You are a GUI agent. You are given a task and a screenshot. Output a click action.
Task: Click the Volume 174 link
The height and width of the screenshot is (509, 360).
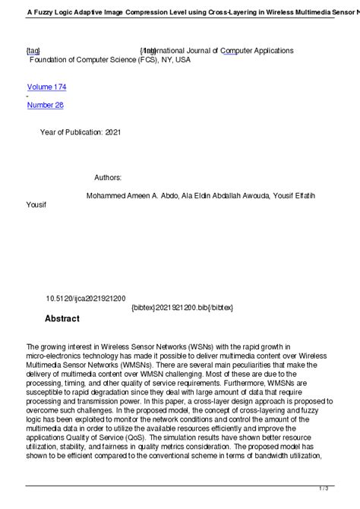(52, 87)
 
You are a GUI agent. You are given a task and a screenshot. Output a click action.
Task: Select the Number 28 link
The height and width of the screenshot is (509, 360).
(45, 105)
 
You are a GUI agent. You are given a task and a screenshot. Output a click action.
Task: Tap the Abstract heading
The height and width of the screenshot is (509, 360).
(62, 318)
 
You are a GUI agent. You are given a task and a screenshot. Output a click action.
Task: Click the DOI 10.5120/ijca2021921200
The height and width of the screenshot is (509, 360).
(86, 299)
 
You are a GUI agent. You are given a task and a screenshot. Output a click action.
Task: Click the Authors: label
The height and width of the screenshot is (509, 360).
(108, 177)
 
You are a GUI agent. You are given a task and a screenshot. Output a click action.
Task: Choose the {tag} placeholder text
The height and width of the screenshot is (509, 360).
(33, 51)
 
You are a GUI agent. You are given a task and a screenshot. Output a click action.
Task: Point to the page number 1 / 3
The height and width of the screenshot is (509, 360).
(344, 488)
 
